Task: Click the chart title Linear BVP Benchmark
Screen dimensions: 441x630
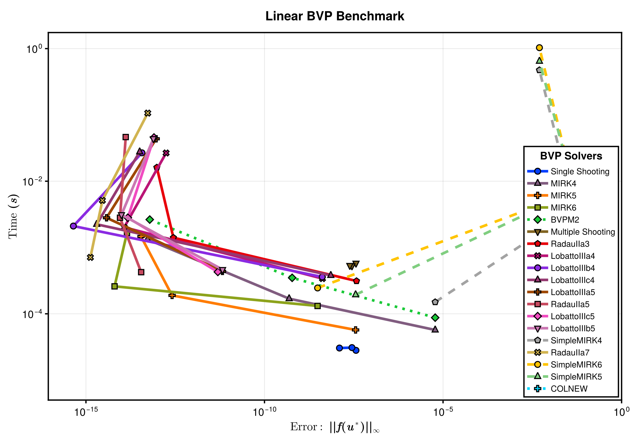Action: (x=334, y=16)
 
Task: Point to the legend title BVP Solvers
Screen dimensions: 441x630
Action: (x=571, y=156)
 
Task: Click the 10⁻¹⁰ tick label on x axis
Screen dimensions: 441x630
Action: (x=264, y=412)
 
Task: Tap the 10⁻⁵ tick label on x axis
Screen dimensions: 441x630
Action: (x=443, y=412)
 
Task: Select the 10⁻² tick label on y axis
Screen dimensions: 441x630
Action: (x=32, y=182)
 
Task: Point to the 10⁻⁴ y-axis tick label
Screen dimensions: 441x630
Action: (x=32, y=314)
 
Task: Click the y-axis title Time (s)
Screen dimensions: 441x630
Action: (x=13, y=217)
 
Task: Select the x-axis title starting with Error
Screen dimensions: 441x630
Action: (x=334, y=427)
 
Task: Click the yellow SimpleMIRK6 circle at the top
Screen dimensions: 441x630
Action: (x=539, y=48)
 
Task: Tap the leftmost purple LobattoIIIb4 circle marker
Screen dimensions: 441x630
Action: (x=73, y=226)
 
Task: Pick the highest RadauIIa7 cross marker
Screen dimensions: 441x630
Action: (x=148, y=113)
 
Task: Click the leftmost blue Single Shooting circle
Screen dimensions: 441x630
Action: (x=339, y=348)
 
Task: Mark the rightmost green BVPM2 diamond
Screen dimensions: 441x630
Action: (x=435, y=318)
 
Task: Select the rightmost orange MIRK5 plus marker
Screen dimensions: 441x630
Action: (x=356, y=330)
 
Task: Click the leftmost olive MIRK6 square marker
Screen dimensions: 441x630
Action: (x=115, y=286)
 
